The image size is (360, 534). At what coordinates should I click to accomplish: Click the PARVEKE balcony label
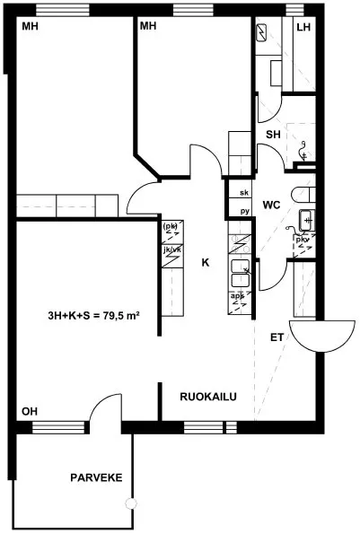coord(96,477)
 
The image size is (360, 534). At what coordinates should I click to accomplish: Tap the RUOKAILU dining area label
coord(208,397)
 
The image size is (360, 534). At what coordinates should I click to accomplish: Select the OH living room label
coord(30,411)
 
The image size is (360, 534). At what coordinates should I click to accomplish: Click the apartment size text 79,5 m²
coord(116,316)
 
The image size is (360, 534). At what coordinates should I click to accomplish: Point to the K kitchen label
coord(206,263)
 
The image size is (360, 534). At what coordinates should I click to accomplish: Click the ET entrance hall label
coord(277,337)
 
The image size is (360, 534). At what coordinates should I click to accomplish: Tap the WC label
coord(271,205)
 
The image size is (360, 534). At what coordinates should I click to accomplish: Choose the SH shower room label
coord(273,135)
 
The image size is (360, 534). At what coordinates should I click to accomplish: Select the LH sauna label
coord(303,27)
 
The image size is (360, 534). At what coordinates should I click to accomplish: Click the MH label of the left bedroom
coord(30,26)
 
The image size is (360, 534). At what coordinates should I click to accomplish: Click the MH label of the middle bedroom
coord(148,26)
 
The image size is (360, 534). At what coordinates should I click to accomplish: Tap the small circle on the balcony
coord(130,503)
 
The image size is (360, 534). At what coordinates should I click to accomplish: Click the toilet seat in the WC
coord(303,195)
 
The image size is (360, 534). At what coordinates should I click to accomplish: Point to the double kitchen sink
coord(241,273)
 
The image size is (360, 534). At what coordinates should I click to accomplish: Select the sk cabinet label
coord(244,193)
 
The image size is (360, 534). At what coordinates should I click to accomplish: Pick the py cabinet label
coord(245,211)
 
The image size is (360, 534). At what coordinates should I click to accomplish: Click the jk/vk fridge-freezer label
coord(172,249)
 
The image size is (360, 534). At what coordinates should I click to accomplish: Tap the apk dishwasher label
coord(238,296)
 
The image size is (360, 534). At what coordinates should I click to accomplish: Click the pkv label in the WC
coord(303,240)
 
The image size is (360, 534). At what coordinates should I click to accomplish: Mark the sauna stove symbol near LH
coord(262,33)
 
